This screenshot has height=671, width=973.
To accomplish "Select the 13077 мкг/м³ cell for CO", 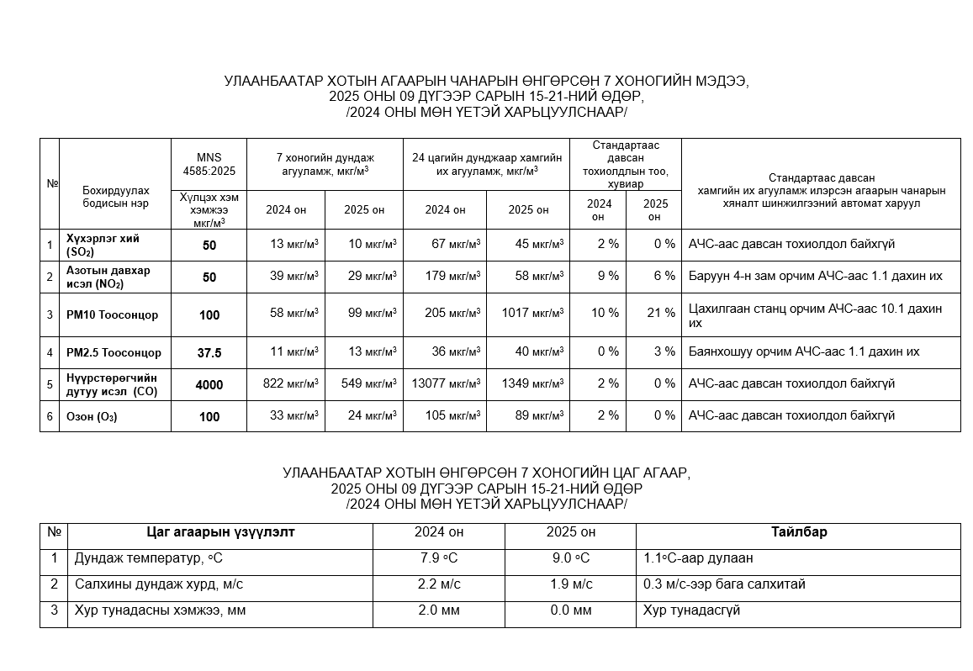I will click(446, 383).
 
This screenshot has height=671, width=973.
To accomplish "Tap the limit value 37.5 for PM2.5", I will click(209, 353).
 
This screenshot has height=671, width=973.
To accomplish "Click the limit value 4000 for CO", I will click(209, 384).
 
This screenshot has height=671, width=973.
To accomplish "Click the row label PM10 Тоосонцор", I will click(113, 314).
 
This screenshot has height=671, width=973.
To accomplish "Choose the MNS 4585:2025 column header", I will click(209, 164).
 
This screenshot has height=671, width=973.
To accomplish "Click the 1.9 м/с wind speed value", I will click(571, 584).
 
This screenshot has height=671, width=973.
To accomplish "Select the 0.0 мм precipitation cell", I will click(571, 610).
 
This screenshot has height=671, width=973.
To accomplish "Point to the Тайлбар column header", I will click(798, 532).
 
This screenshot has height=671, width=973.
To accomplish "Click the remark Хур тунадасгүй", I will click(690, 610).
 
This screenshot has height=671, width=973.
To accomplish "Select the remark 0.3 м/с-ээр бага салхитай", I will click(723, 584).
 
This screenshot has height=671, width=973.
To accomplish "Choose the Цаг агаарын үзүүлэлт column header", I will click(220, 532).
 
